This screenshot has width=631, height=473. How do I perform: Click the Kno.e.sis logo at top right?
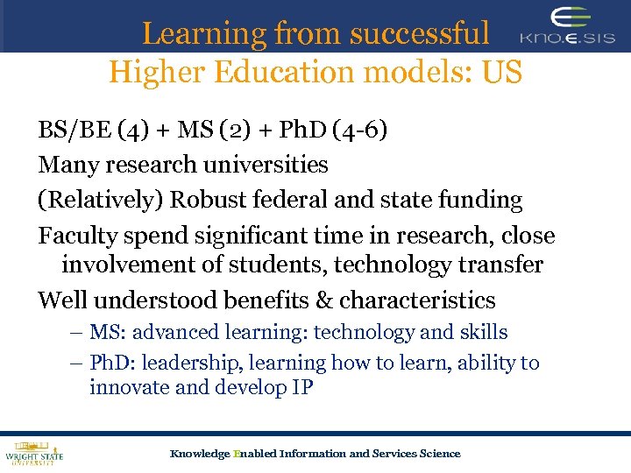(x=567, y=27)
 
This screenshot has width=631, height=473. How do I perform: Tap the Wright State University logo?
(x=34, y=453)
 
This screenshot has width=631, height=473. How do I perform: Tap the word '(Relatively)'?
(x=100, y=200)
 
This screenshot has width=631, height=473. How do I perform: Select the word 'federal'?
(x=291, y=200)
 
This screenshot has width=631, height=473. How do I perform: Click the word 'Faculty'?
(x=75, y=236)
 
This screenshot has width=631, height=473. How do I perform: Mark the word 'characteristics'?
(x=417, y=300)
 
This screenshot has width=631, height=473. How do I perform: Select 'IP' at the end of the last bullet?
(x=301, y=387)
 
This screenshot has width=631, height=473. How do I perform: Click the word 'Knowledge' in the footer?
(x=199, y=453)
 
